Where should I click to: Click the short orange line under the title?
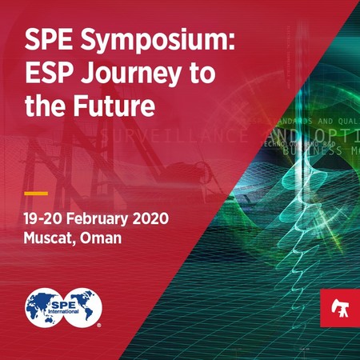pos(35,193)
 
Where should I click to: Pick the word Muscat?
pos(51,238)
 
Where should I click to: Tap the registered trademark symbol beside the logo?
pos(98,326)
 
